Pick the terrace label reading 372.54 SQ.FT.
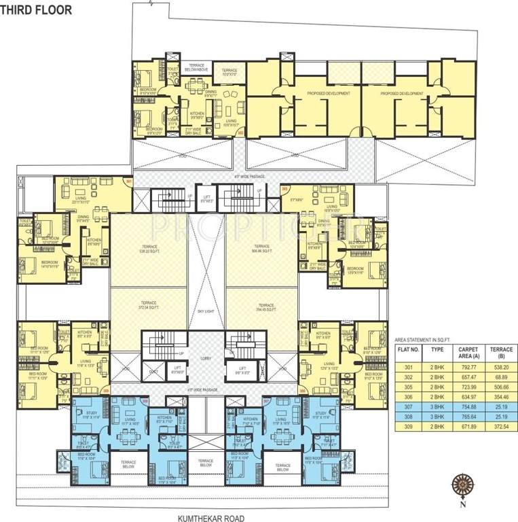148,304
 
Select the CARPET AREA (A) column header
468,351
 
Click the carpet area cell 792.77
468,366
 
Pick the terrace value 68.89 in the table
503,377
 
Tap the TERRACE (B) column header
503,351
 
